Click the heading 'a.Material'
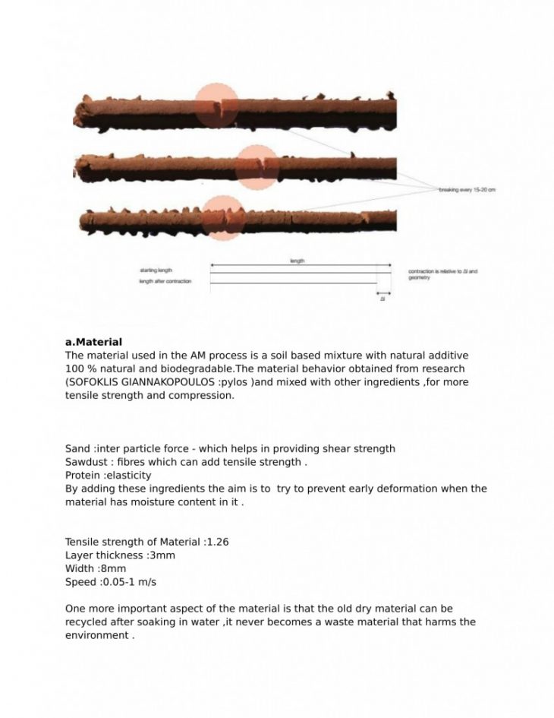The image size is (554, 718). click(x=93, y=343)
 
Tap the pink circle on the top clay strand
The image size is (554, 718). click(x=217, y=106)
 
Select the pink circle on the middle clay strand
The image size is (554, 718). click(x=257, y=167)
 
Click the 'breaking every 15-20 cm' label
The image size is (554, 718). click(x=467, y=189)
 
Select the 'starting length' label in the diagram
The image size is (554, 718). click(x=156, y=270)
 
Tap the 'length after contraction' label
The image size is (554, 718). click(x=165, y=282)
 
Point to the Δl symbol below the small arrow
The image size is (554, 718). click(x=383, y=299)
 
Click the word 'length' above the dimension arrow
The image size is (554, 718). click(x=297, y=261)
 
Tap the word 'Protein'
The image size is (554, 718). click(x=83, y=475)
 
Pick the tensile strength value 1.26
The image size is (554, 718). click(x=217, y=542)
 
